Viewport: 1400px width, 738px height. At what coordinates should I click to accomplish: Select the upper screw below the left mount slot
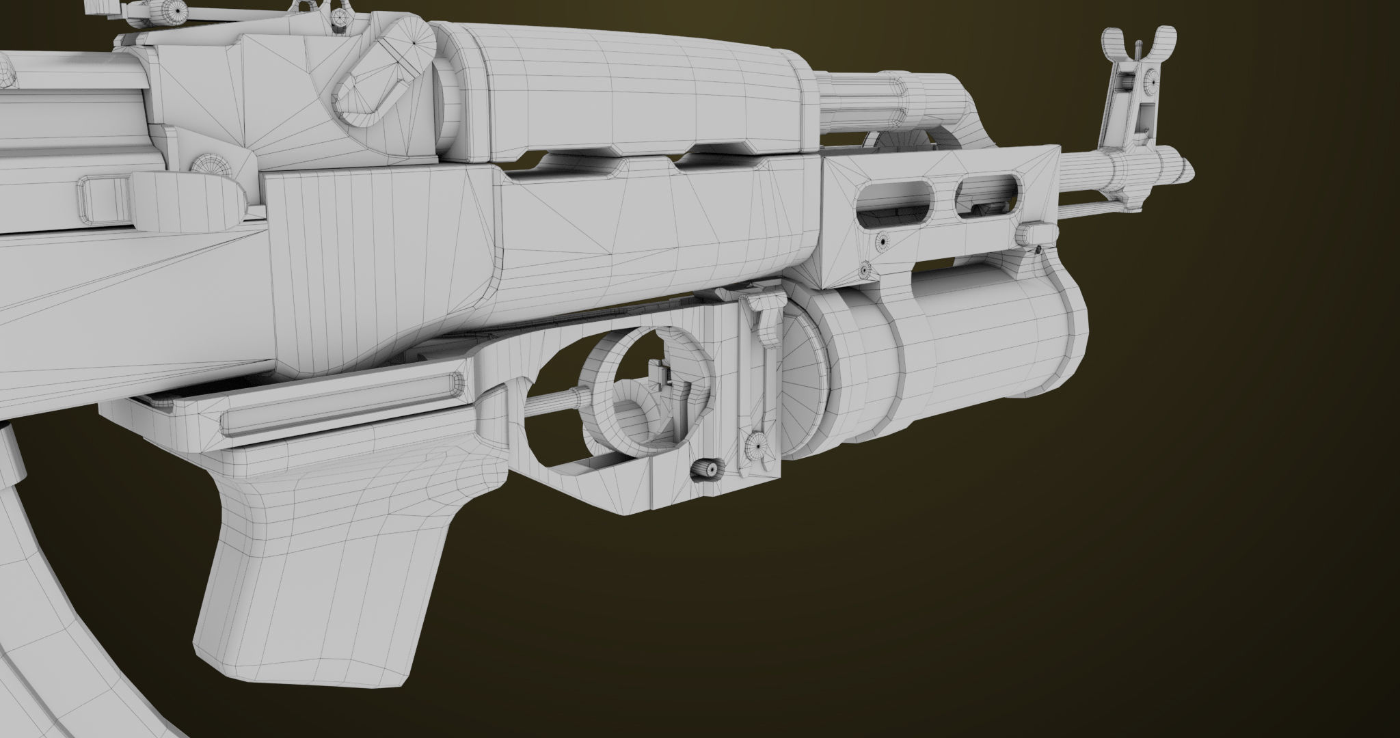tap(883, 241)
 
